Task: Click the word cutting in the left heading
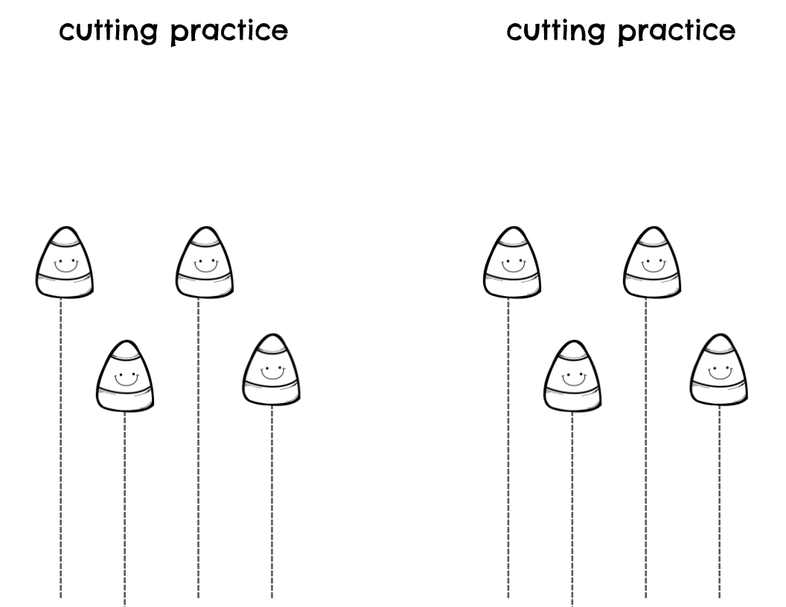click(x=109, y=32)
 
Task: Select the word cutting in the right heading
click(x=555, y=32)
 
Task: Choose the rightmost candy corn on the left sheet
click(x=271, y=370)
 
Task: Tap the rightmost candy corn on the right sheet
click(x=718, y=370)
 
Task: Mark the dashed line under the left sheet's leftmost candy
click(x=61, y=446)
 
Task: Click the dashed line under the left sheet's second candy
click(x=124, y=506)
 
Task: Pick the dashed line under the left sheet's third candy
click(x=198, y=446)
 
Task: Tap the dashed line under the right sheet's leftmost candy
click(x=508, y=446)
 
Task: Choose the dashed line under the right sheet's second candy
click(x=572, y=506)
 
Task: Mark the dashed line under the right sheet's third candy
click(x=645, y=446)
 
